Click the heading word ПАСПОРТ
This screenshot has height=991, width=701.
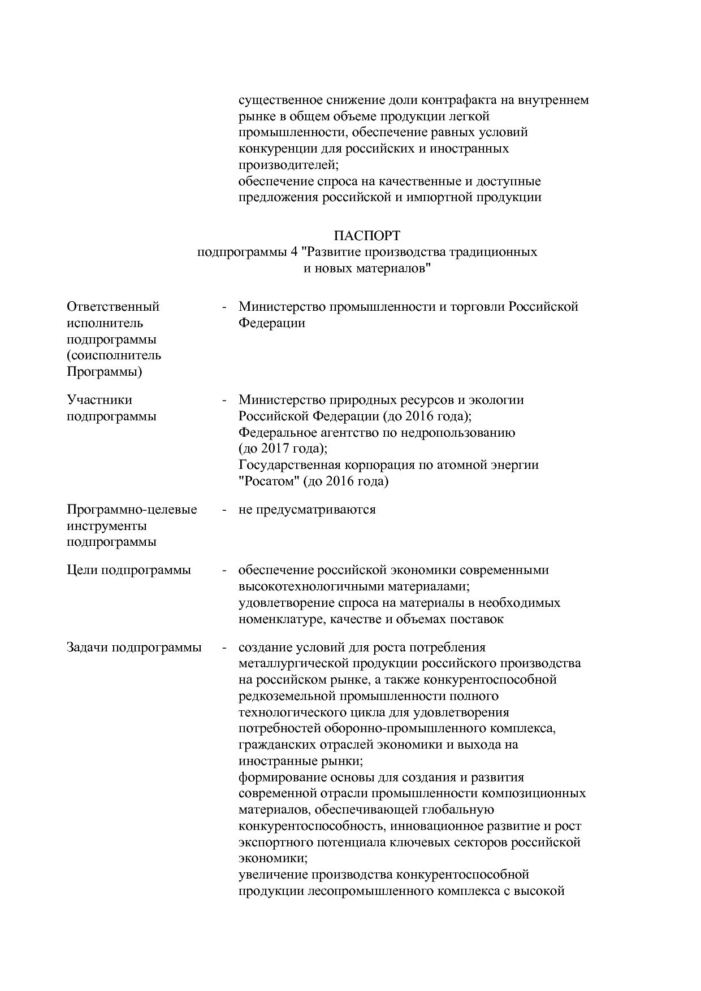pos(367,235)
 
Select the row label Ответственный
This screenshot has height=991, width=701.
pos(113,307)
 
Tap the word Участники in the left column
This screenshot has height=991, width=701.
pos(99,400)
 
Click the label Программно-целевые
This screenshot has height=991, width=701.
pos(132,510)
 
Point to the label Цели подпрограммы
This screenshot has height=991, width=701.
pos(128,570)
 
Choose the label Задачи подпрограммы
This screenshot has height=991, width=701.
pos(134,647)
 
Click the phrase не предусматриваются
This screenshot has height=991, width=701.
pos(307,510)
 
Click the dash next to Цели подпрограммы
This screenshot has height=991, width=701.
pos(224,570)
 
